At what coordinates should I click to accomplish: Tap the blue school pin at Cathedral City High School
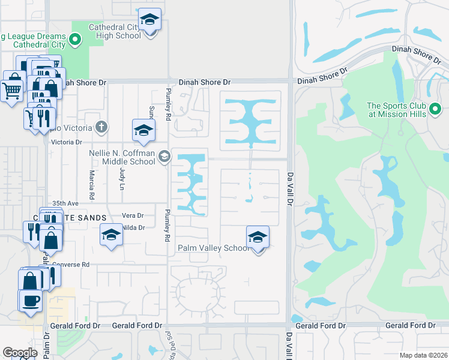point(149,20)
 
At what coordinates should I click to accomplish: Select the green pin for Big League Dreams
point(75,40)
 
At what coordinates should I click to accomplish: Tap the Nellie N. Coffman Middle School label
point(122,157)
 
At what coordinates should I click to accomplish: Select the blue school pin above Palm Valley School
point(258,237)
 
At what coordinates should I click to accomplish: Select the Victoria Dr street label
point(67,142)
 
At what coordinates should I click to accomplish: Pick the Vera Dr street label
point(133,215)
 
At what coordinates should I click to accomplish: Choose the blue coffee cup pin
point(30,301)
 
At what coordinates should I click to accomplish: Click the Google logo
point(20,353)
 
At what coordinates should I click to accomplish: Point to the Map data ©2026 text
point(423,355)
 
